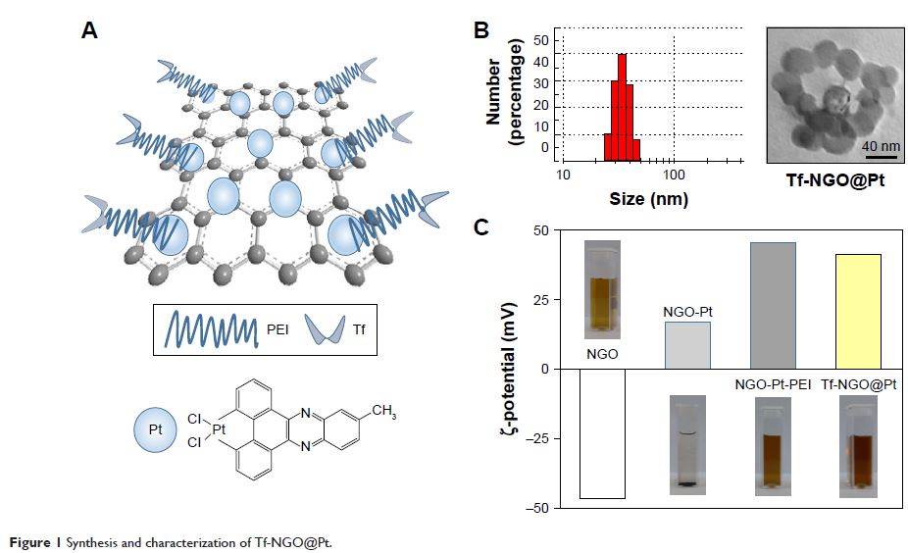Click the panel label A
point(89,30)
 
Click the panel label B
point(481,30)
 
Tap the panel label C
point(481,227)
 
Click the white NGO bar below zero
point(602,433)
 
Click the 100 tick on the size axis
point(674,176)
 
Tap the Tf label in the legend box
point(363,331)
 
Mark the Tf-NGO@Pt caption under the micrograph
point(834,181)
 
